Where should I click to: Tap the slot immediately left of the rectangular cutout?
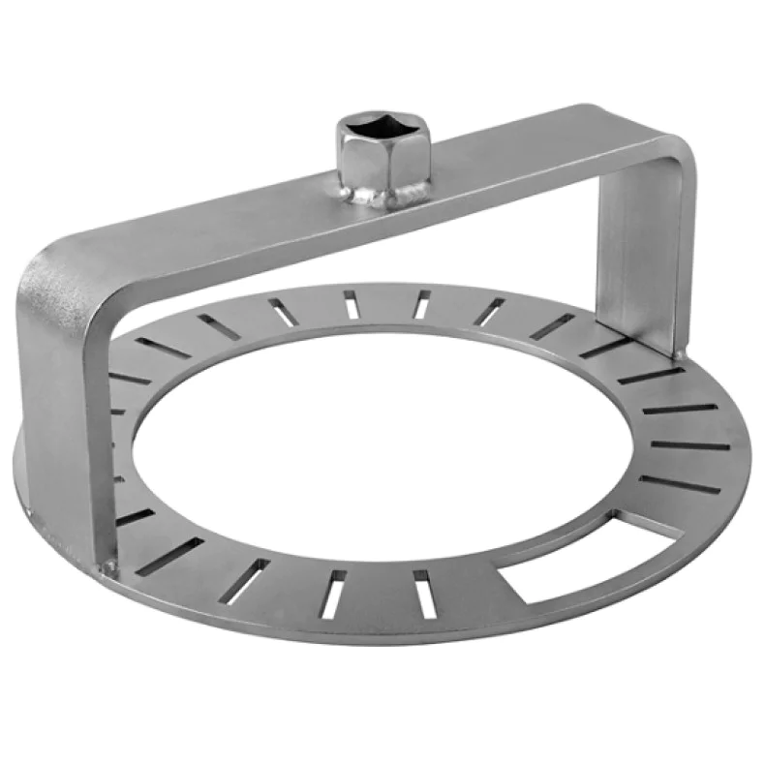click(420, 593)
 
